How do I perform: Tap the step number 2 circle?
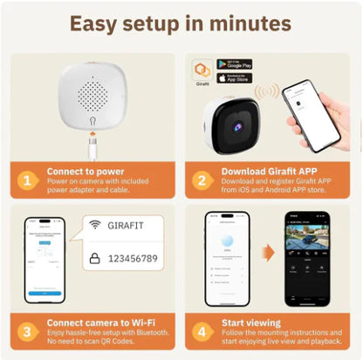coord(202,181)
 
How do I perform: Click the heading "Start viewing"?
coord(254,323)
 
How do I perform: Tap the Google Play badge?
coord(234,65)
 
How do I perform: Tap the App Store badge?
coord(234,78)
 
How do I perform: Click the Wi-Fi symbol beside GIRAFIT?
coord(93,226)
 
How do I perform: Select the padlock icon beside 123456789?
coord(93,259)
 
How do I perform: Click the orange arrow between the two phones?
coord(269,254)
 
